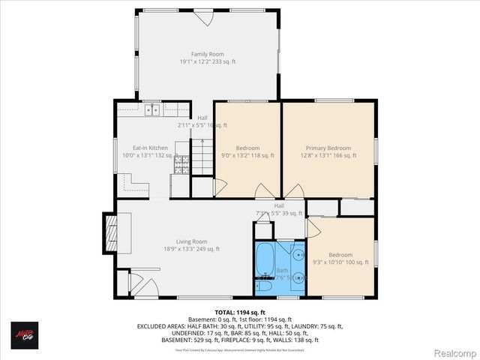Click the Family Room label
click(x=207, y=54)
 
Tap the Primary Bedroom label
click(x=328, y=148)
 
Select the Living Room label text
click(x=192, y=241)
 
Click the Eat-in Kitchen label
click(x=150, y=148)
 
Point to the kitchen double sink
click(x=153, y=110)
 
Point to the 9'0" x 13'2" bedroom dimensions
click(x=247, y=156)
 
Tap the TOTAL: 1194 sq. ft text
click(x=240, y=312)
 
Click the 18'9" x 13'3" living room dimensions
click(x=192, y=249)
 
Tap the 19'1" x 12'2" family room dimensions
click(x=207, y=62)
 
